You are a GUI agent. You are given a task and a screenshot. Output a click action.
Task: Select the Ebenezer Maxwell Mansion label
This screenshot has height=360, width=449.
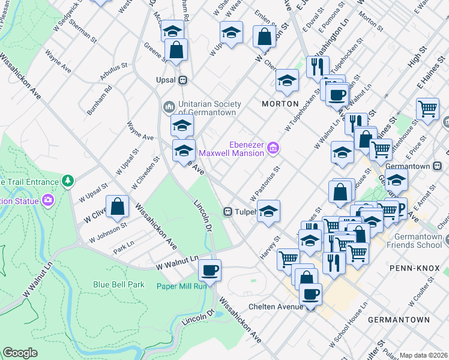tap(247, 148)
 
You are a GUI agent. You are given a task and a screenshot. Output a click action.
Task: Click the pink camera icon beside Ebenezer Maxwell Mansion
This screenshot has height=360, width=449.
tap(273, 147)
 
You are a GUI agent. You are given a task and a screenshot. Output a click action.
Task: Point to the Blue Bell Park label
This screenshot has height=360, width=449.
tap(118, 284)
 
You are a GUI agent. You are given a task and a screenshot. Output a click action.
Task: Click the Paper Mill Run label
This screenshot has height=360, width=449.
tap(182, 286)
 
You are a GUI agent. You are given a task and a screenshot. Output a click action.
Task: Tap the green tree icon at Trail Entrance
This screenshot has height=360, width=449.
tap(68, 181)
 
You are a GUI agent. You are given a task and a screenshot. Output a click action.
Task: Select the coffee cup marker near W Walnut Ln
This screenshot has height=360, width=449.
tap(209, 270)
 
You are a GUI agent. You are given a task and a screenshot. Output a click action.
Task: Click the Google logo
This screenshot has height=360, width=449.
tap(20, 353)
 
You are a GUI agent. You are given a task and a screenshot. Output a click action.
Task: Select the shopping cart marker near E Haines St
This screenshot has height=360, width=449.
tap(428, 109)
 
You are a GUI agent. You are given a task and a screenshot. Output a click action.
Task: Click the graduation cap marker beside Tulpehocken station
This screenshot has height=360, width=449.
tap(268, 211)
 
